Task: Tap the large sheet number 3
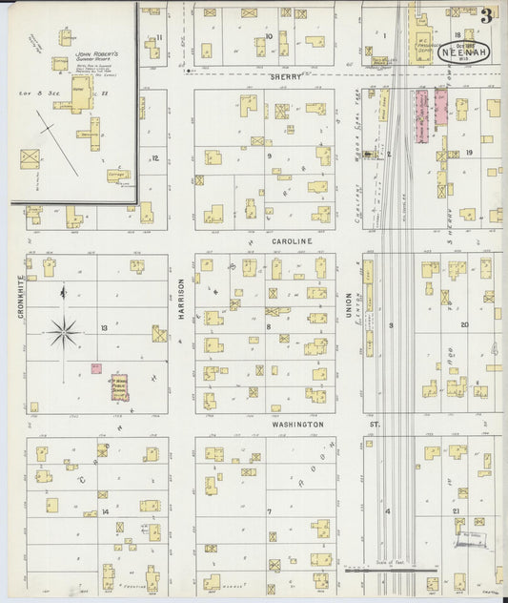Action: pos(487,16)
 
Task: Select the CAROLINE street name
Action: pos(291,242)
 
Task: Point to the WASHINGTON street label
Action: pos(297,424)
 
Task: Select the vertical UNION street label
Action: pos(349,305)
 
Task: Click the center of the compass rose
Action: pos(64,332)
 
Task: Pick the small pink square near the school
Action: pos(96,367)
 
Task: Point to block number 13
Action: pos(103,327)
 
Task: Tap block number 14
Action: pos(105,512)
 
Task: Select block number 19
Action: pos(469,153)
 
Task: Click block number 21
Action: pos(457,512)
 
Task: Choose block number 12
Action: pos(154,158)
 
